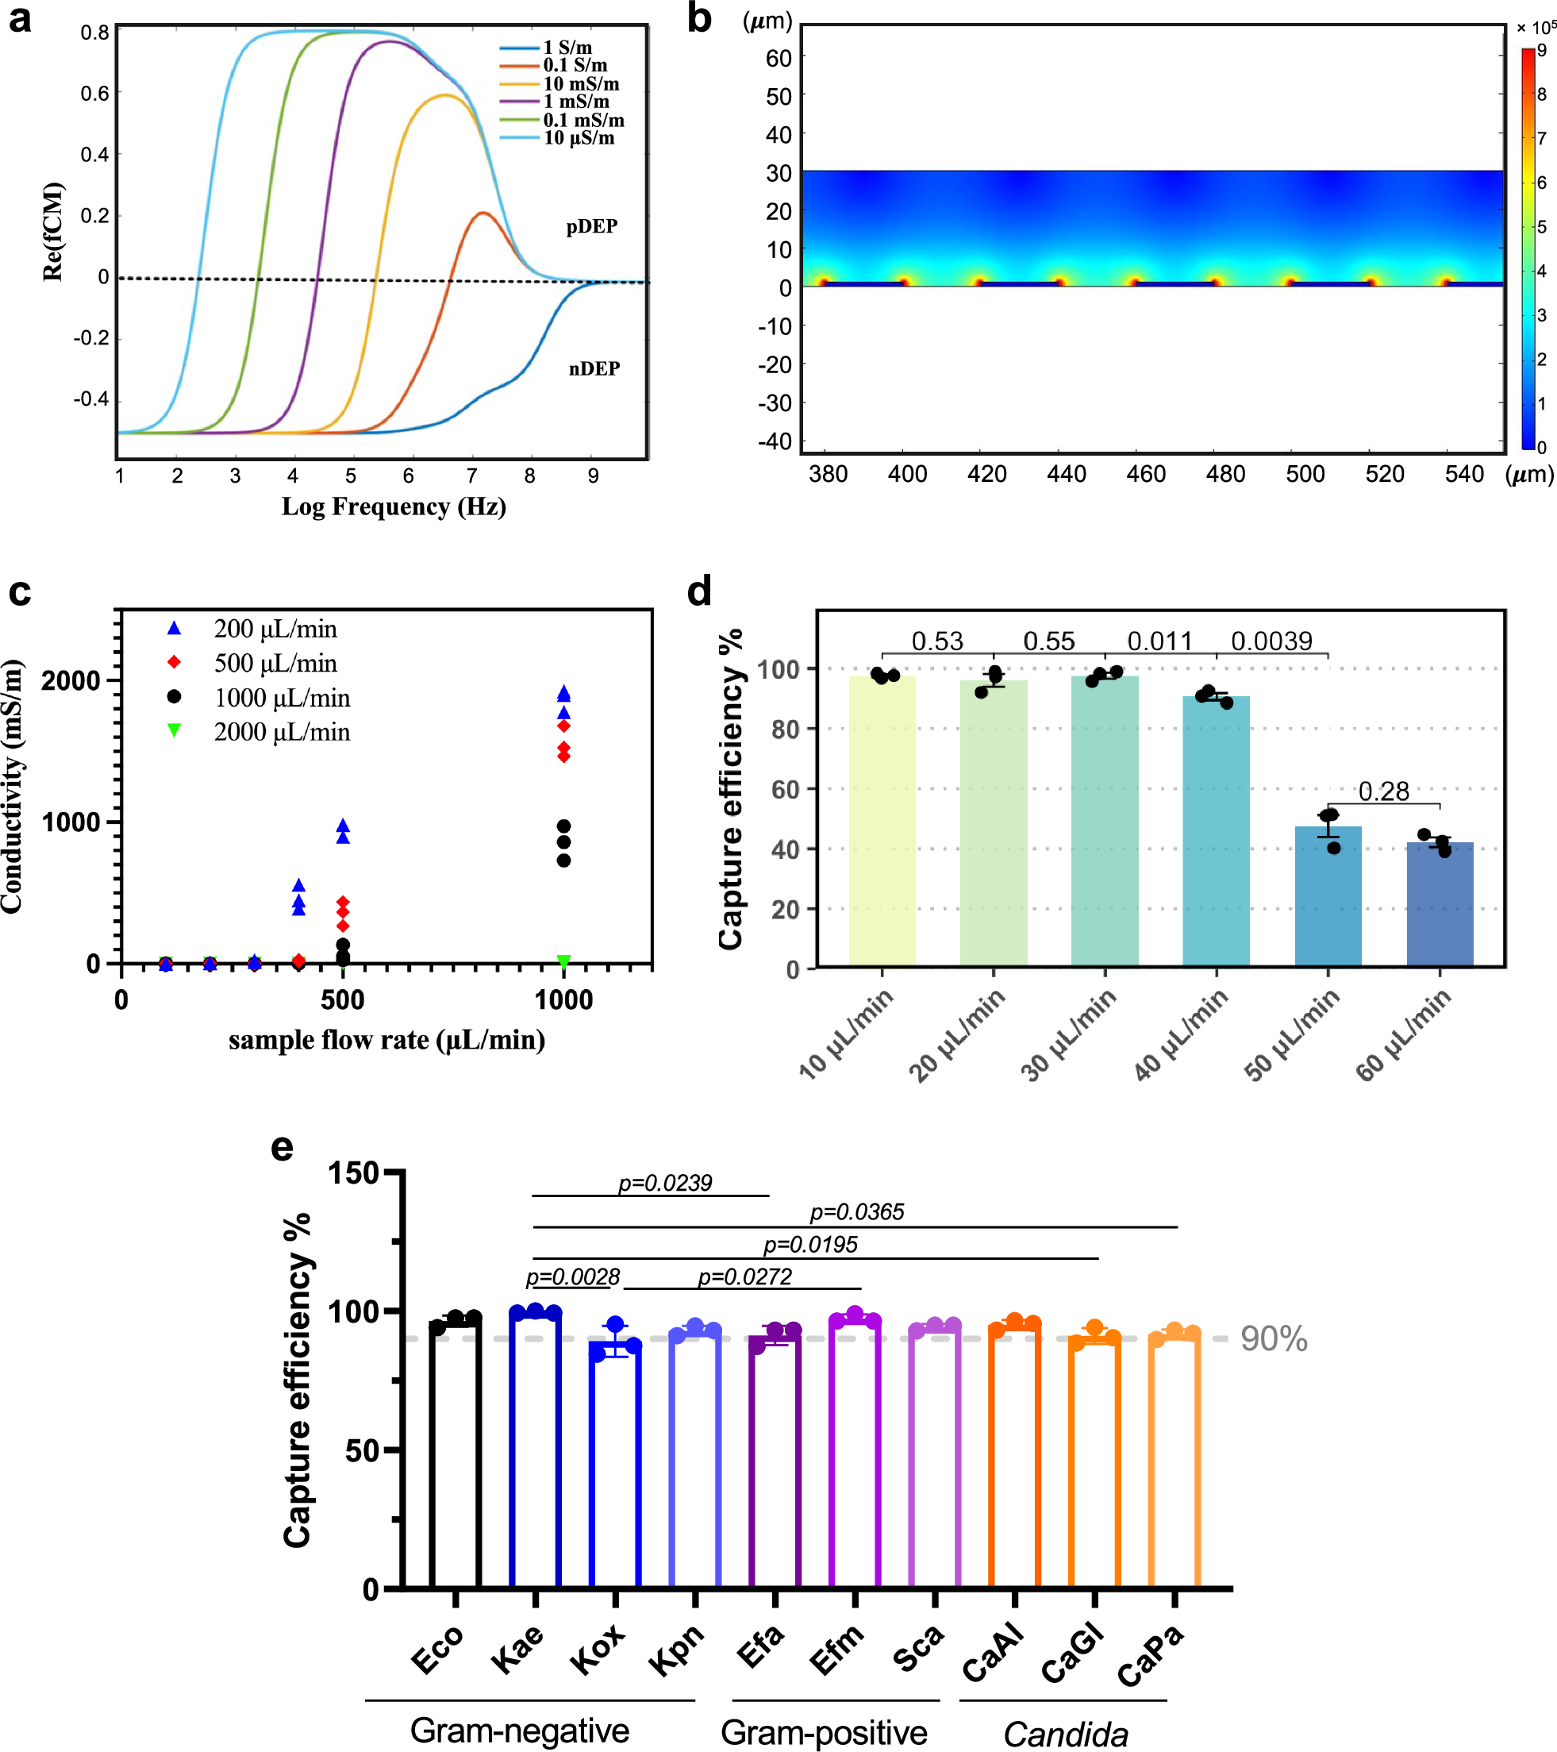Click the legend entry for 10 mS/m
tap(580, 84)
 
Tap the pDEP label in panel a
tap(591, 226)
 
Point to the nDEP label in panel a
tap(594, 368)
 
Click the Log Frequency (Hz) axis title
tap(394, 506)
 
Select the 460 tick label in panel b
tap(1146, 474)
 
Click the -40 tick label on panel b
tap(775, 441)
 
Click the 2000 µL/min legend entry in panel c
tap(281, 732)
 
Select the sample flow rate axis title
tap(386, 1040)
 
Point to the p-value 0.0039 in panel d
tap(1271, 641)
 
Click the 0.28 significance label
tap(1383, 791)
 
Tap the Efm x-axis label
tap(837, 1650)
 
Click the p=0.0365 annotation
tap(856, 1212)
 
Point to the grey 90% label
tap(1274, 1339)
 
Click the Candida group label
tap(1065, 1734)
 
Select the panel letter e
tap(282, 1146)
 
